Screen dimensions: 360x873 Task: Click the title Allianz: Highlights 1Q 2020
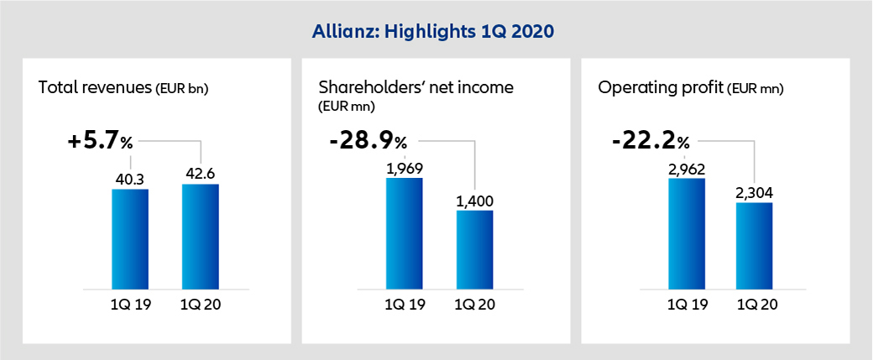tap(436, 32)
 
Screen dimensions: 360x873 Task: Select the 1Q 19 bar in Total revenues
tap(130, 238)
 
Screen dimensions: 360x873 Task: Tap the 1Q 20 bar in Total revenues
tap(200, 236)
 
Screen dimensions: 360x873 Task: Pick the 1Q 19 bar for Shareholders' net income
tap(405, 232)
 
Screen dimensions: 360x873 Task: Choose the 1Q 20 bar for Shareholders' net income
tap(474, 248)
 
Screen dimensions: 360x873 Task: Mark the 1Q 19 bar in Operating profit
tap(686, 232)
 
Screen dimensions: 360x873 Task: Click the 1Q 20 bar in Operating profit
tap(755, 245)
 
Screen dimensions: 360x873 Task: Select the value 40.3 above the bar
tap(130, 178)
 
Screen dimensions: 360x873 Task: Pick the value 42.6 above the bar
tap(200, 173)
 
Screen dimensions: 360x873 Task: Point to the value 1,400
tap(474, 200)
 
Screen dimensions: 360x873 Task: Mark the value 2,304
tap(755, 192)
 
